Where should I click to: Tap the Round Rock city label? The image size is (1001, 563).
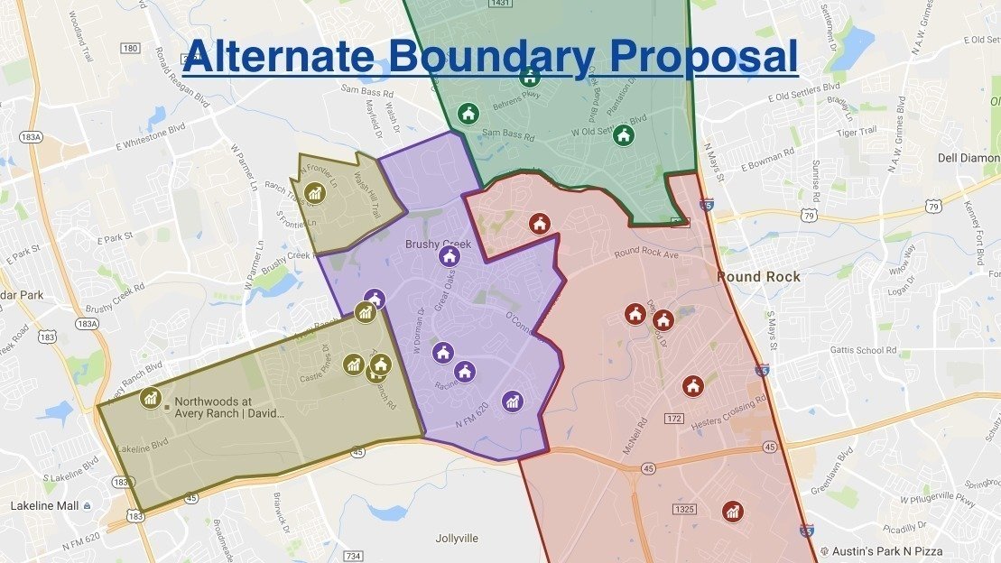point(753,277)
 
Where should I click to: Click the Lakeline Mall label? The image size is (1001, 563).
point(45,506)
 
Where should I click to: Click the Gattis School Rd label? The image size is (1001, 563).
point(864,350)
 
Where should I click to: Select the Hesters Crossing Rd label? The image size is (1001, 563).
point(728,412)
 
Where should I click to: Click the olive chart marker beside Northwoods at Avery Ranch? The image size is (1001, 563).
point(151,397)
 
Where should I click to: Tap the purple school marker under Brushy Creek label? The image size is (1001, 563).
point(449,256)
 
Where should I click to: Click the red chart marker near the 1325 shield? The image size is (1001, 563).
point(733,512)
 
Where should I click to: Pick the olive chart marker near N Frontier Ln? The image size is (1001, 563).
point(314,191)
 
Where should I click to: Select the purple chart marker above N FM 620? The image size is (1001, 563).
point(512,401)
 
